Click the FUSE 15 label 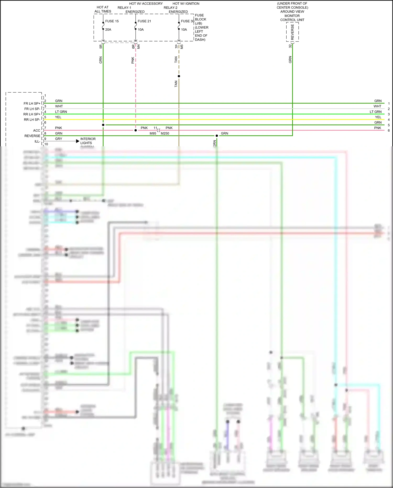(112, 21)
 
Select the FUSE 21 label (144, 21)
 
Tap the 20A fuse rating (108, 30)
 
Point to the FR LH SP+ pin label (32, 104)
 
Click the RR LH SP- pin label (32, 120)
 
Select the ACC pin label (37, 131)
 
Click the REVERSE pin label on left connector (32, 136)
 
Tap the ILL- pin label (37, 141)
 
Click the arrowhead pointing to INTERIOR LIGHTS (78, 141)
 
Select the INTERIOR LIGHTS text (88, 141)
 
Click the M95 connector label (153, 133)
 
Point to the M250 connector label (165, 133)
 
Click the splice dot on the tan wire (179, 76)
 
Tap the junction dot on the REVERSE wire (217, 136)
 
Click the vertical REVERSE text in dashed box (292, 32)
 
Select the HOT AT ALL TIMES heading (103, 9)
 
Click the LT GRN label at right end (375, 112)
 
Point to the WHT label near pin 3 (59, 106)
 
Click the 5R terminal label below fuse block (101, 46)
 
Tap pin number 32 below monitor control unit (290, 46)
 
